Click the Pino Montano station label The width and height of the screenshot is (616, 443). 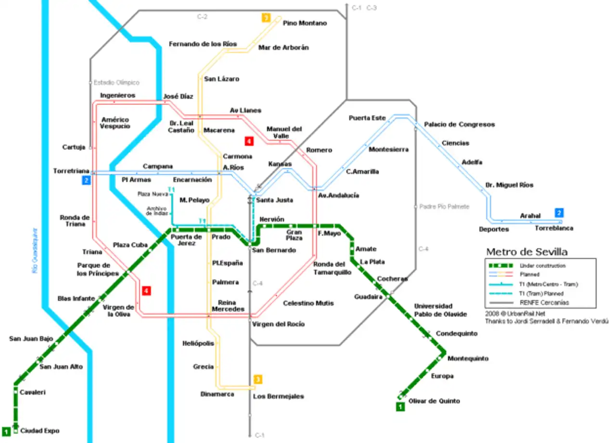[305, 23]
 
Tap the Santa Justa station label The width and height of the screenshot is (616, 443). [274, 200]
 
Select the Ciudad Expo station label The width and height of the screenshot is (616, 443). [39, 431]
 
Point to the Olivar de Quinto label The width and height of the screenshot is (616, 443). [434, 401]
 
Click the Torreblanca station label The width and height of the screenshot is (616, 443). [554, 228]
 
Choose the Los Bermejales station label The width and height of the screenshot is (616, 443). [279, 396]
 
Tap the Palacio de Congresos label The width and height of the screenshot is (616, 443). [459, 124]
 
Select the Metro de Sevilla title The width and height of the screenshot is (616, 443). [526, 252]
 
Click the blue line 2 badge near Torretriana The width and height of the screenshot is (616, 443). [86, 181]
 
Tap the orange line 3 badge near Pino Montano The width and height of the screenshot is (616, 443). [266, 18]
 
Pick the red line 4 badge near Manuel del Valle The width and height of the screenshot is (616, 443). [249, 141]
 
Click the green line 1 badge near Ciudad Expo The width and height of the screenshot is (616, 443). [6, 431]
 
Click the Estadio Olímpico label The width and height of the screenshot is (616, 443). [116, 83]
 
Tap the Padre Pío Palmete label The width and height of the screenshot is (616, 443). [444, 207]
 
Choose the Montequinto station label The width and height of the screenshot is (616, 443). [468, 358]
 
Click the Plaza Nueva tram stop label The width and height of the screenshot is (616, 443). [152, 194]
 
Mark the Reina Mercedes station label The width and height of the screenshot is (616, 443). [228, 306]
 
